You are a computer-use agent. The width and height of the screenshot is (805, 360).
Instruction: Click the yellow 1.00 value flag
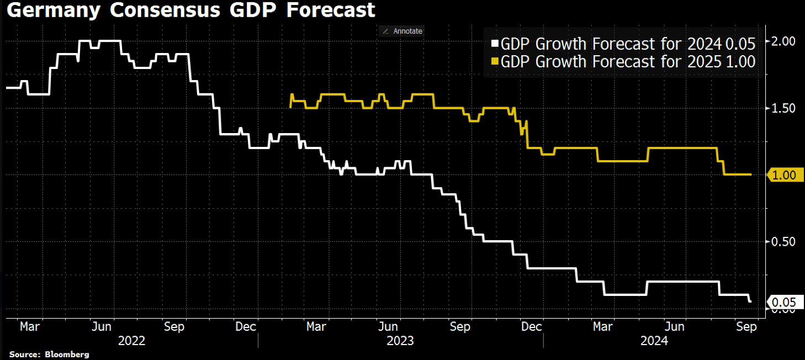tap(784, 175)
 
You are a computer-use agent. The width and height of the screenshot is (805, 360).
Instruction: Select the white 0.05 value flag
tap(784, 301)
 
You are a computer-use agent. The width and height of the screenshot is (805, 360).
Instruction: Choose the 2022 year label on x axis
tap(132, 341)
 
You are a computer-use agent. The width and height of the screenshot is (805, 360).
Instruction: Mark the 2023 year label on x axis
tap(400, 341)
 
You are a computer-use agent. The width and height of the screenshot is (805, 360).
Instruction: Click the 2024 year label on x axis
tap(654, 341)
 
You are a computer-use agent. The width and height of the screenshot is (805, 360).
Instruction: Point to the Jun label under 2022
tap(102, 327)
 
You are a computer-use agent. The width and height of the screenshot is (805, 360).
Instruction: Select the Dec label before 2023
tap(246, 327)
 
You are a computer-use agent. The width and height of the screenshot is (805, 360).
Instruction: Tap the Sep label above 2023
tap(460, 327)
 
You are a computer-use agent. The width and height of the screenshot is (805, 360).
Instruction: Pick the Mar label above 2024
tap(602, 327)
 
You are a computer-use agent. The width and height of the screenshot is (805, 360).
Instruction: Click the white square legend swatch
tap(495, 44)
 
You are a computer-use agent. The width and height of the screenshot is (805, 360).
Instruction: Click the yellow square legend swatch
tap(495, 62)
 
